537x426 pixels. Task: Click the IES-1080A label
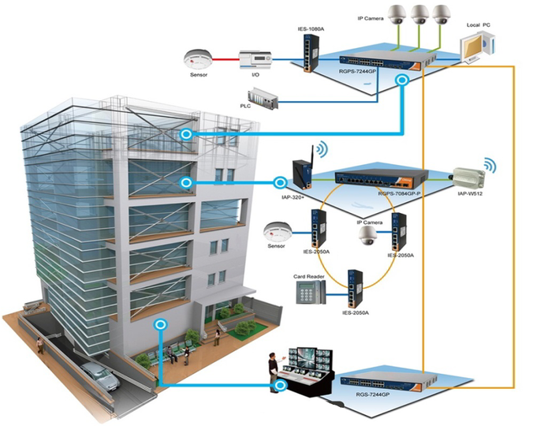click(x=311, y=28)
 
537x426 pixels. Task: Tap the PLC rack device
click(x=263, y=99)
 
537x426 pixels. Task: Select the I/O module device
click(x=255, y=60)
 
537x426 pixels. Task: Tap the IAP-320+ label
click(x=293, y=197)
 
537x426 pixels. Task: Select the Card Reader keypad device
click(x=311, y=292)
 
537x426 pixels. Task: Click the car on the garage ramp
click(x=100, y=376)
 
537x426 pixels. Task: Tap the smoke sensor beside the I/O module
click(x=198, y=59)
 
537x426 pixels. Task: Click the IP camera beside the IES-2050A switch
click(x=367, y=236)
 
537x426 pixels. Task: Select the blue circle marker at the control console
click(x=281, y=386)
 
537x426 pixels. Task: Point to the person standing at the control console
click(x=274, y=371)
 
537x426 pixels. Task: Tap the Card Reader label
click(x=308, y=276)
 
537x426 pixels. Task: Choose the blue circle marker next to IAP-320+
click(x=280, y=182)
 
